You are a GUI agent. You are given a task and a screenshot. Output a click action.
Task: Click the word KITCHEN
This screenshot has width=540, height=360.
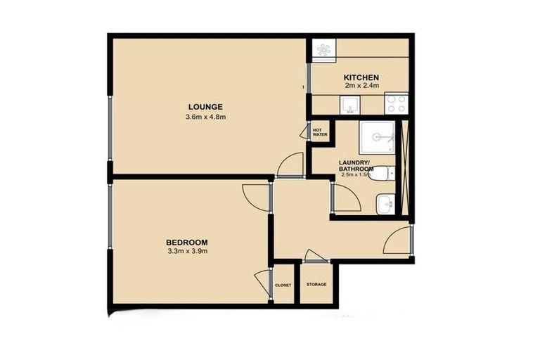point(361,77)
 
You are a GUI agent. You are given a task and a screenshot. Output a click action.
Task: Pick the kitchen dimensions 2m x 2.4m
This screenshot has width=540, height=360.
point(361,85)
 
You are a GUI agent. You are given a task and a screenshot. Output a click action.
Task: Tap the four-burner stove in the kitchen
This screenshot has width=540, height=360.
point(396,104)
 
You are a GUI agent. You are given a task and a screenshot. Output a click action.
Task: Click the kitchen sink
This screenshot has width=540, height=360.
point(350,105)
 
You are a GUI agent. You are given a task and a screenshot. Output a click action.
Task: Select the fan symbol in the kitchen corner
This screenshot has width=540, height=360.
point(324,49)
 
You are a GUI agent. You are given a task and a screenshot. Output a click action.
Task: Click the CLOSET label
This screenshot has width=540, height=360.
point(283,285)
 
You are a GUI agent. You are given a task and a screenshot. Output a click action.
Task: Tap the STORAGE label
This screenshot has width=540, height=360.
point(316,285)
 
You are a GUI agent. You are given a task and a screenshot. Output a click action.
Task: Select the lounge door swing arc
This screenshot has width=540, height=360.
point(290,166)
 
